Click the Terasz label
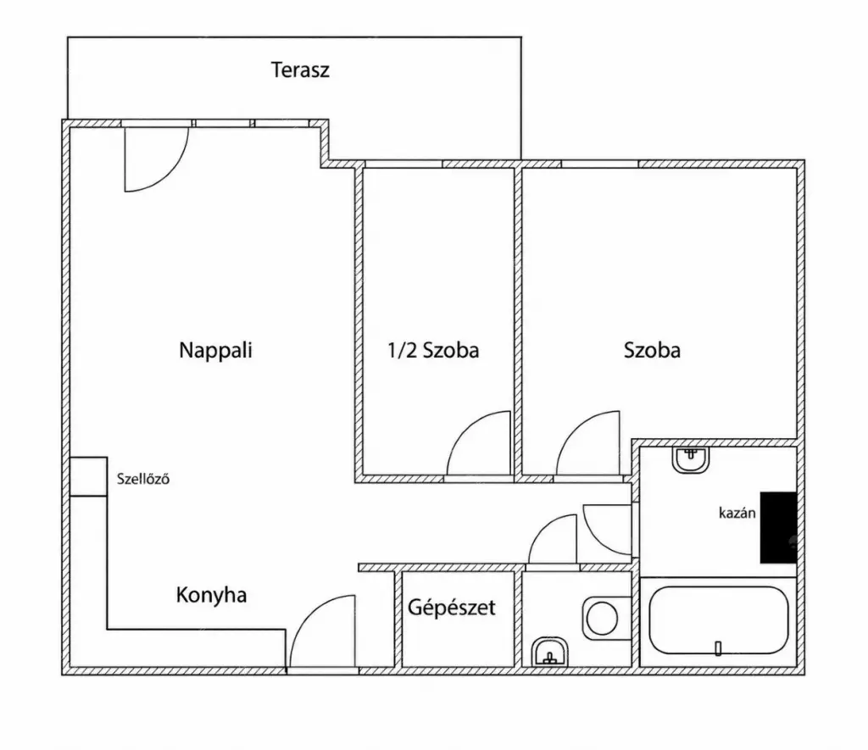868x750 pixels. coord(300,70)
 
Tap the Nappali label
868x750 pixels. coord(215,351)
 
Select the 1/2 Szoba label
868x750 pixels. coord(433,350)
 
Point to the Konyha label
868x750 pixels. coord(211,596)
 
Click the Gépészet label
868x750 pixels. coord(452,608)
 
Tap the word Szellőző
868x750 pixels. coord(142,479)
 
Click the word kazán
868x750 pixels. coord(737,513)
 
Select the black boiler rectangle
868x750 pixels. coord(778,527)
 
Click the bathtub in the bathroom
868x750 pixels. coord(719,621)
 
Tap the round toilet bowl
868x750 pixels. coord(602,619)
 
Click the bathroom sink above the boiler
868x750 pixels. coord(690,460)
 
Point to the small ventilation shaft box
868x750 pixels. coord(88,476)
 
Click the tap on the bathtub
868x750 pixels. coord(718,648)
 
